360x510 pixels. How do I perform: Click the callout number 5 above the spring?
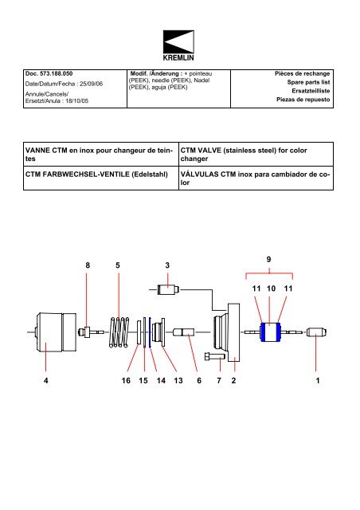click(x=118, y=264)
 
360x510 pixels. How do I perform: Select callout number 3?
click(x=167, y=264)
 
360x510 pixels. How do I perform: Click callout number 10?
click(x=272, y=288)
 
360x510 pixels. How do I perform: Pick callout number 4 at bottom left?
click(x=46, y=381)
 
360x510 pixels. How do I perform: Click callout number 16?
click(x=126, y=381)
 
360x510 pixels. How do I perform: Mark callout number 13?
click(x=179, y=381)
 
